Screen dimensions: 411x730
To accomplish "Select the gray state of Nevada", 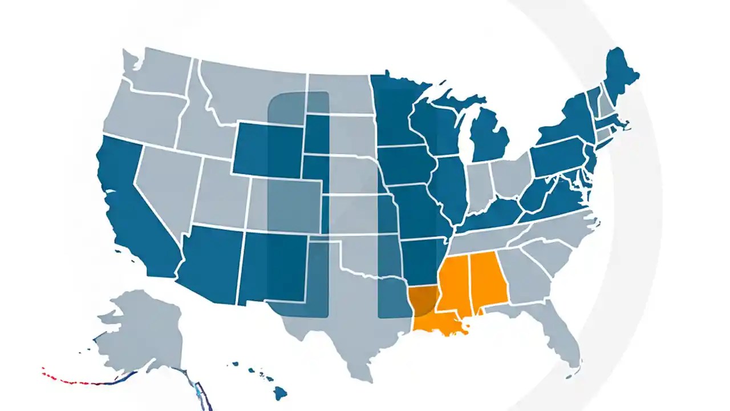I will [x=165, y=183].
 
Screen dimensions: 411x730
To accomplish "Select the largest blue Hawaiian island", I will [x=279, y=392].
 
